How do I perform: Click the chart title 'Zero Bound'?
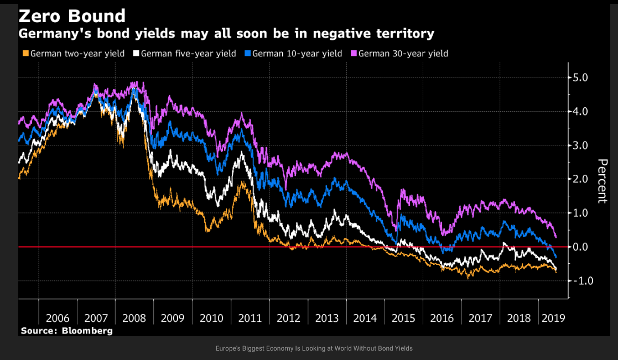pyautogui.click(x=72, y=15)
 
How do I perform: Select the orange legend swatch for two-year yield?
pyautogui.click(x=25, y=54)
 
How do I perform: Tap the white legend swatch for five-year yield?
pyautogui.click(x=136, y=54)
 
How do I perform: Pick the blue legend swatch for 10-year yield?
pyautogui.click(x=247, y=54)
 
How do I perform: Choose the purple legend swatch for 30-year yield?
pyautogui.click(x=354, y=54)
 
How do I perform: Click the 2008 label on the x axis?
pyautogui.click(x=134, y=319)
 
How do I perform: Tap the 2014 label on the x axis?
pyautogui.click(x=365, y=319)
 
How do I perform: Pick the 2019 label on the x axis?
pyautogui.click(x=553, y=319)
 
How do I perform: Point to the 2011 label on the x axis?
pyautogui.click(x=250, y=319)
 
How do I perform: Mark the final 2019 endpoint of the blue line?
pyautogui.click(x=555, y=258)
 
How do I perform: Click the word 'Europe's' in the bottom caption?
pyautogui.click(x=228, y=348)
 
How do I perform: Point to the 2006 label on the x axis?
pyautogui.click(x=58, y=319)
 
